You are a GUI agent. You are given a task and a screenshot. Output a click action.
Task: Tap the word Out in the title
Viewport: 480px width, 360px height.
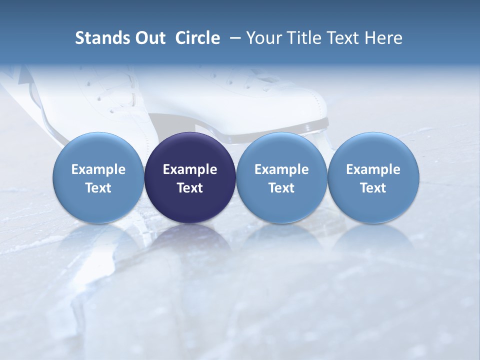(x=149, y=38)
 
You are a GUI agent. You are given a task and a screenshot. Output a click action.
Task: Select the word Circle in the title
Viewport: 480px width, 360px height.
(x=197, y=38)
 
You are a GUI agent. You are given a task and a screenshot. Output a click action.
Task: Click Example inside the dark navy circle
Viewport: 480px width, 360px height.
(x=190, y=169)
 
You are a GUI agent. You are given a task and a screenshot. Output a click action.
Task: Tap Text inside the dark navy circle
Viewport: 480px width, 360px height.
(x=190, y=188)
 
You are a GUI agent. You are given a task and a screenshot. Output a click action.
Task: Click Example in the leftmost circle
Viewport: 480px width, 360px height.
(x=98, y=169)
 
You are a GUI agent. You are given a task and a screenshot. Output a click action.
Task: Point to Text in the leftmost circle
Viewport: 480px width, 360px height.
(x=98, y=188)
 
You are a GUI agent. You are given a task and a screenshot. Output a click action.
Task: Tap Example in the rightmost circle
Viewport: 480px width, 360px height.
(x=373, y=169)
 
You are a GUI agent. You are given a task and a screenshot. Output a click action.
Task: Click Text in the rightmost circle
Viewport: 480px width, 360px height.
(x=373, y=188)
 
